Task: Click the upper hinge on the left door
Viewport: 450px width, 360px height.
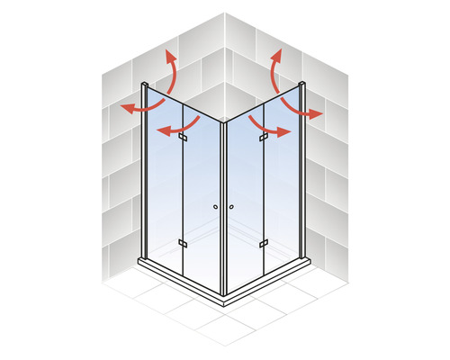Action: click(183, 138)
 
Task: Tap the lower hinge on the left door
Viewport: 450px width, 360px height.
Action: click(183, 243)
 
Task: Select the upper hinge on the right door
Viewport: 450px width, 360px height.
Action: click(264, 138)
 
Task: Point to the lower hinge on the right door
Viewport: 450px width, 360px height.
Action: click(264, 243)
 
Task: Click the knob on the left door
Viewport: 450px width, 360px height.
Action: click(216, 207)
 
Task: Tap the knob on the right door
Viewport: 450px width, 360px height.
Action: click(231, 207)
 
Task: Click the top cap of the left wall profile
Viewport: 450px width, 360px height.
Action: click(143, 85)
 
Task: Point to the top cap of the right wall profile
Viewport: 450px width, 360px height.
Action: click(302, 85)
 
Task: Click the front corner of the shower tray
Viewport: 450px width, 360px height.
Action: click(224, 302)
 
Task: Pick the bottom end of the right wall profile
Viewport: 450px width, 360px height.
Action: click(303, 257)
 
